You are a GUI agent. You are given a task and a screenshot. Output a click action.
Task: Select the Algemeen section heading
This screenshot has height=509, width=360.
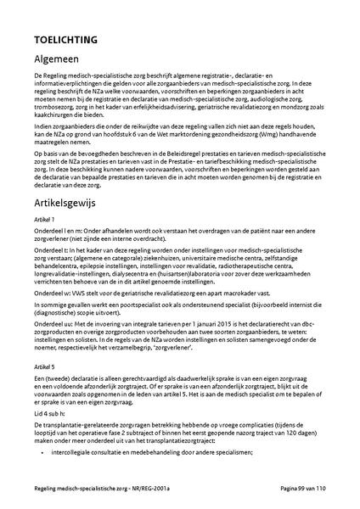pos(60,60)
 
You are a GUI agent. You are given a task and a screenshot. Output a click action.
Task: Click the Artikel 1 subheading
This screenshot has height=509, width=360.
pos(44,220)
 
